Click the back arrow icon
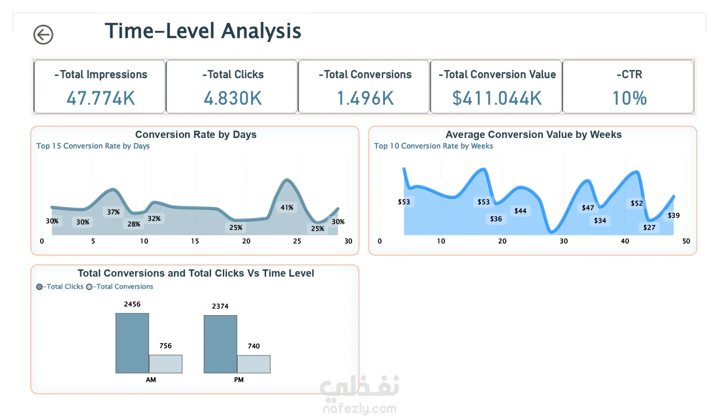43,35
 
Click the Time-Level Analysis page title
203,31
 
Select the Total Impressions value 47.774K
100,98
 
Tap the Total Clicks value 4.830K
233,98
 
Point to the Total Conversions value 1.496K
365,98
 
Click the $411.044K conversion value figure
497,98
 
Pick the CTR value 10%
629,98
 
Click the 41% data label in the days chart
287,208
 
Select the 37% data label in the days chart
113,212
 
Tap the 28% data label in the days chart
134,224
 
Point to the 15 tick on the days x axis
195,241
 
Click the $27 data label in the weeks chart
649,227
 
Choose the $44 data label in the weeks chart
520,211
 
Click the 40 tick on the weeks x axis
625,241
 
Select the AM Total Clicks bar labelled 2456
132,343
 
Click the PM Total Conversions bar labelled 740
254,364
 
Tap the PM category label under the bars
239,380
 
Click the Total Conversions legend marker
89,287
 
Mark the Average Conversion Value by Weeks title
533,135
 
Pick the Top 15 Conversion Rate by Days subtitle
93,146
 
